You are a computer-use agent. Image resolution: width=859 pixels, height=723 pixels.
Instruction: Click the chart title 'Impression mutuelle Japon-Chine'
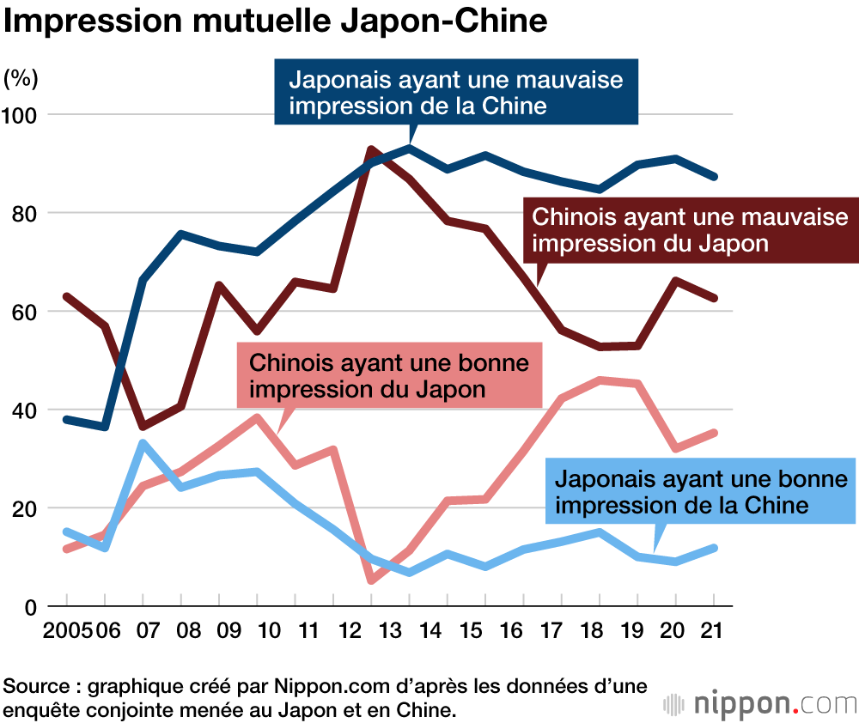coord(276,22)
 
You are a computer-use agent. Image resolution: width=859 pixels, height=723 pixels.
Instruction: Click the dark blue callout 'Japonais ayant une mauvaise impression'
coord(456,93)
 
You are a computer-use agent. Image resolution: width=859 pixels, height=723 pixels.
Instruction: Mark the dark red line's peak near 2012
coord(371,150)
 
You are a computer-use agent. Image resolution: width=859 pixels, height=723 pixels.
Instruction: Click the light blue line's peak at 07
coord(143,443)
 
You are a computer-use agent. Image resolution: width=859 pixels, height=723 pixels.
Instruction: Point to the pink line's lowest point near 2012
coord(371,580)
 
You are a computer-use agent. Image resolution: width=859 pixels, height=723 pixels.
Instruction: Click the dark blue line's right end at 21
coord(714,176)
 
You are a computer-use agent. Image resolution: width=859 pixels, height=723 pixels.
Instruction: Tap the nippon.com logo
coord(759,704)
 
